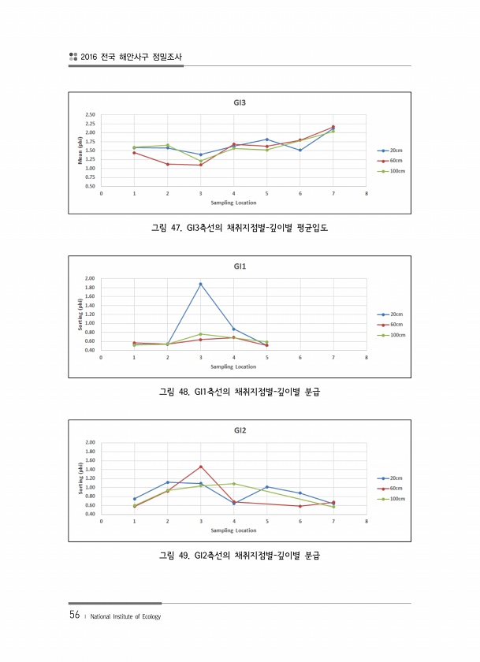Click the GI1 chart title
point(240,266)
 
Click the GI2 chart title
point(240,430)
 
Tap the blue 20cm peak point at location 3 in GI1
point(200,284)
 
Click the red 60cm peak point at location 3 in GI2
point(200,467)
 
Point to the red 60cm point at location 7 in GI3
point(333,127)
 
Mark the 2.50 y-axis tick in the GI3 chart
point(90,115)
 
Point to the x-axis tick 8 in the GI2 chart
point(366,522)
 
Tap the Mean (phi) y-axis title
point(80,151)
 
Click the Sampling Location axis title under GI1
point(233,366)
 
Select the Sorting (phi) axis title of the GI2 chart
point(80,478)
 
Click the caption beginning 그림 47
point(239,229)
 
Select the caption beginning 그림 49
point(239,556)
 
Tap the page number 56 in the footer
point(75,616)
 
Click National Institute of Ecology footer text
point(126,616)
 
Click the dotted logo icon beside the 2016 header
point(73,57)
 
